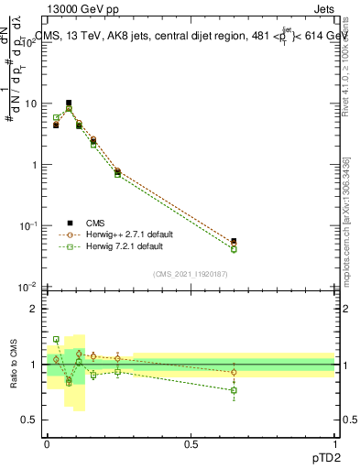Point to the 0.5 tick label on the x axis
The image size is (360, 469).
(x=191, y=442)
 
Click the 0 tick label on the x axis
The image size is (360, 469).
(x=47, y=442)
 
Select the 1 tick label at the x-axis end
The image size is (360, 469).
(x=334, y=442)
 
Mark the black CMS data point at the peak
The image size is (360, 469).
(x=69, y=103)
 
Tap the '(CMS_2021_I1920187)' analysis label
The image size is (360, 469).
(x=191, y=273)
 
